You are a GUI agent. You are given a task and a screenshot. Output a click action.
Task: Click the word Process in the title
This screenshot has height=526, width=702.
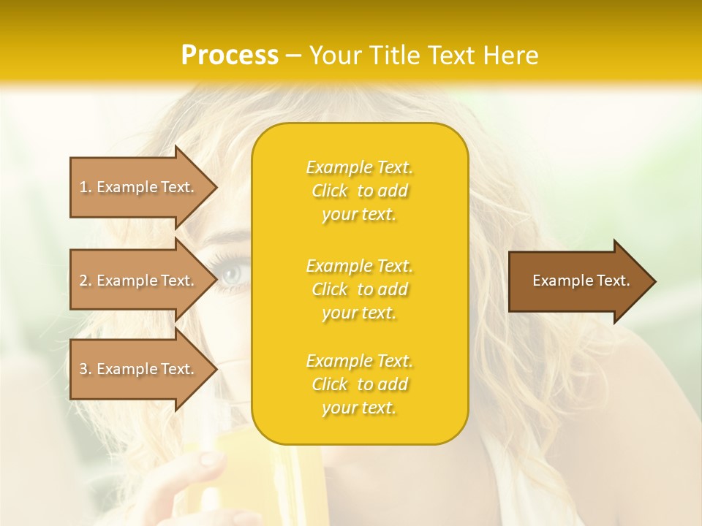[230, 56]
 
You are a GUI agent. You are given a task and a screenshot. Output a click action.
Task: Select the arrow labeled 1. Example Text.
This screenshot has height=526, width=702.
[139, 187]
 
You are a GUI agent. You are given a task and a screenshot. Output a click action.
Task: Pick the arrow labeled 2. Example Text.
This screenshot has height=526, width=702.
[139, 281]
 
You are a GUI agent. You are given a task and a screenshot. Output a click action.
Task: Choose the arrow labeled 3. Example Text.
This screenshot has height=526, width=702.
[139, 369]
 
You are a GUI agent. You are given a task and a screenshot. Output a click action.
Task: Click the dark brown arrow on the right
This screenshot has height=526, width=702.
[578, 281]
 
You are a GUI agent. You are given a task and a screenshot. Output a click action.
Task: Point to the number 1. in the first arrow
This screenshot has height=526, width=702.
[86, 187]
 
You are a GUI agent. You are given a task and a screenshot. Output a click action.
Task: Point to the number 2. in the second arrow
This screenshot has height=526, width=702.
[86, 281]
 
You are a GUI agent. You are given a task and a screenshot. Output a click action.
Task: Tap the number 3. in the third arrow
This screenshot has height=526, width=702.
[86, 369]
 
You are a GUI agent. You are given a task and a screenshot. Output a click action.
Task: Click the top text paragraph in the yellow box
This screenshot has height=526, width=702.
[359, 191]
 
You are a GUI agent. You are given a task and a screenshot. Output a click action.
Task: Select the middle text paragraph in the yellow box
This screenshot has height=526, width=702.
[359, 289]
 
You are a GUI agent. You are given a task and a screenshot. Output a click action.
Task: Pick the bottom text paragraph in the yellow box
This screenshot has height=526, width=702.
[359, 384]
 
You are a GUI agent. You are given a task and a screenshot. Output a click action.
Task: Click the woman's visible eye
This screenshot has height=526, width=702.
[233, 275]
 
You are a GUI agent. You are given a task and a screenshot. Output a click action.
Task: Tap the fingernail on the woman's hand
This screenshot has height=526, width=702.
[211, 459]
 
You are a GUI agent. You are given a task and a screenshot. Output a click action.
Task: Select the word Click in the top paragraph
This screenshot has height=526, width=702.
[330, 191]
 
